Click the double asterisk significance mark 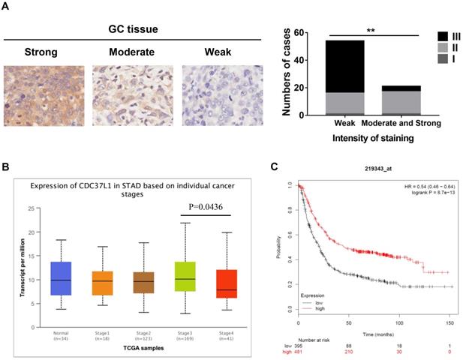point(371,31)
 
